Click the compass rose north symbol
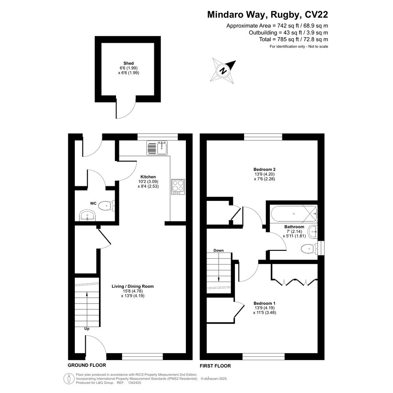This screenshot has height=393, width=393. point(223,70)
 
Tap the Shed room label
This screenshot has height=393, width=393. point(129,63)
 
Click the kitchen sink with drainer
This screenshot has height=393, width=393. point(157,148)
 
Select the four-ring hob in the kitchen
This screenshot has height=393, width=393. point(178,187)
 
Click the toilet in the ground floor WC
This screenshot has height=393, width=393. point(106,206)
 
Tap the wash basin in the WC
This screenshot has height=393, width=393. point(87,215)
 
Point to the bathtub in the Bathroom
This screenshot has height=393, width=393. point(294,213)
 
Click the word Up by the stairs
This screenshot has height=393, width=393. point(87,329)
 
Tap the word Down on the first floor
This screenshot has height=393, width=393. point(219,250)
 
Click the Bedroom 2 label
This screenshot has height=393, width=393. point(264,169)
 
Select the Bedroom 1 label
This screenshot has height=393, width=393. point(264,303)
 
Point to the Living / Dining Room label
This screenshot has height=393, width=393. point(133,286)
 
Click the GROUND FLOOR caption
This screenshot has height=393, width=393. point(87,365)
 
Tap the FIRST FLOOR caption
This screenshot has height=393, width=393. point(215,366)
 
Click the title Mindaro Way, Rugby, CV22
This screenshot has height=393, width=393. point(267,15)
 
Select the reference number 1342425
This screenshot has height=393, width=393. point(135,383)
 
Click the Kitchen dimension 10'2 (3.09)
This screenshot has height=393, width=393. point(148,181)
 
